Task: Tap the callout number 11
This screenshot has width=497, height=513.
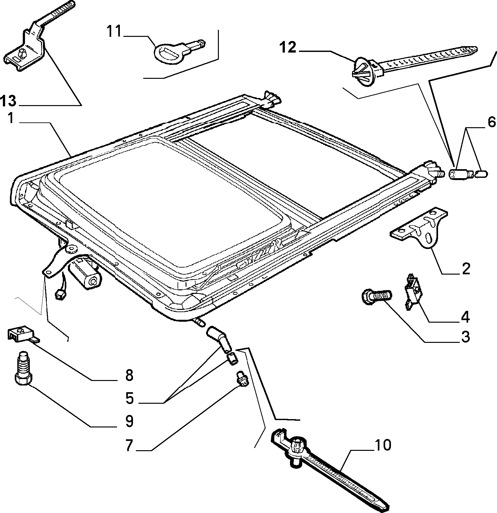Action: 114,32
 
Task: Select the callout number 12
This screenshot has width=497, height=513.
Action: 287,47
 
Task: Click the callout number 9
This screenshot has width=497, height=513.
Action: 129,421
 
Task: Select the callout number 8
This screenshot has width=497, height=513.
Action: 129,375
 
